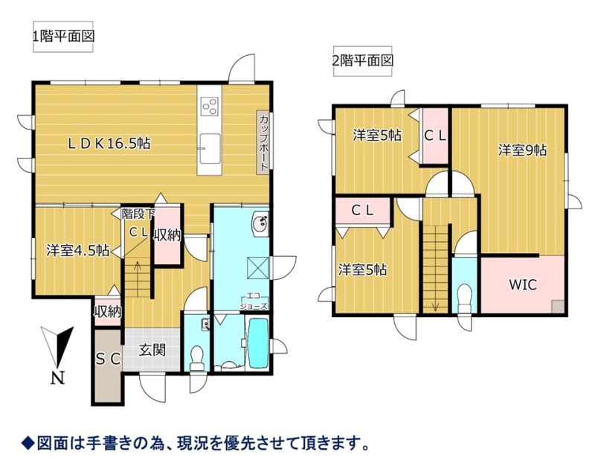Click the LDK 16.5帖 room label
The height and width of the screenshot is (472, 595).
point(109,144)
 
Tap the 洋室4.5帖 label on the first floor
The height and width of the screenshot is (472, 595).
point(78,251)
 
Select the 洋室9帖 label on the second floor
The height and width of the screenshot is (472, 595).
point(523,150)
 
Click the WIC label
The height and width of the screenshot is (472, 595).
point(523,284)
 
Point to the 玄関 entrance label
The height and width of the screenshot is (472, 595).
point(152,350)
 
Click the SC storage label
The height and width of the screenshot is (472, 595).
point(108,359)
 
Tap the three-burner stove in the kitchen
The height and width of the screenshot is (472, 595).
point(209,106)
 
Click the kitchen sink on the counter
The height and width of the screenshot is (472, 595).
point(209,148)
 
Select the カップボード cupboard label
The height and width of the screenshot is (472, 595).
point(264,142)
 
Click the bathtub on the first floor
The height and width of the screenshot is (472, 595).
point(258,343)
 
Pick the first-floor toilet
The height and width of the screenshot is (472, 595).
point(196,358)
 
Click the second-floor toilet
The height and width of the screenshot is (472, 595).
point(464,299)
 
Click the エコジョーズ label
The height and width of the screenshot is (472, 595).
point(254,301)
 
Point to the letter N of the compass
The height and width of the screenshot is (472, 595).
point(58,378)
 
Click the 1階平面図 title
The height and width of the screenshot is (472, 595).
point(63,36)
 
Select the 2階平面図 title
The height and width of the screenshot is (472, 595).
point(362,60)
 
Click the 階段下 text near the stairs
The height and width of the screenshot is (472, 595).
point(138,214)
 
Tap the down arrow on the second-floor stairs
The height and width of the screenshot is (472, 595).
point(435,304)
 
